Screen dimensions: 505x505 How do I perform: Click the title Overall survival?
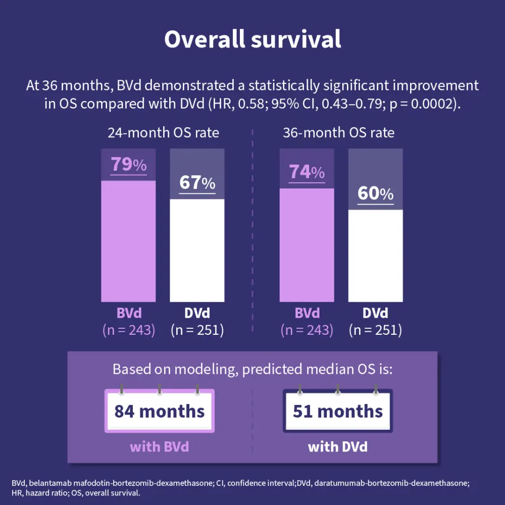pos(252,39)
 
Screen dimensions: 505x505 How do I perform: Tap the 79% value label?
pos(128,164)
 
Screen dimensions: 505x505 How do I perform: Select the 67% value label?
pos(197,182)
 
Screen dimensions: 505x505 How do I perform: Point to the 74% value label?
pos(307,172)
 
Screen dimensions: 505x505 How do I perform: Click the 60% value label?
pos(375,193)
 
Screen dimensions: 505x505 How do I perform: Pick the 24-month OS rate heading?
pos(163,133)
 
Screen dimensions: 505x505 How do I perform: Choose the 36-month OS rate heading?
pos(338,133)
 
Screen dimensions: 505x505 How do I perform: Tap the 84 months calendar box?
pos(160,411)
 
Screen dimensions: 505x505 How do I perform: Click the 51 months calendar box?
pos(338,411)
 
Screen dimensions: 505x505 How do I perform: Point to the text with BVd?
pos(159,447)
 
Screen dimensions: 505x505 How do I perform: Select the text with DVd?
pos(337,447)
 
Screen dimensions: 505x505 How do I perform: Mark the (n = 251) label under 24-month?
pos(197,330)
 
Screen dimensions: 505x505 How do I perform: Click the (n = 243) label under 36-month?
pos(307,330)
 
